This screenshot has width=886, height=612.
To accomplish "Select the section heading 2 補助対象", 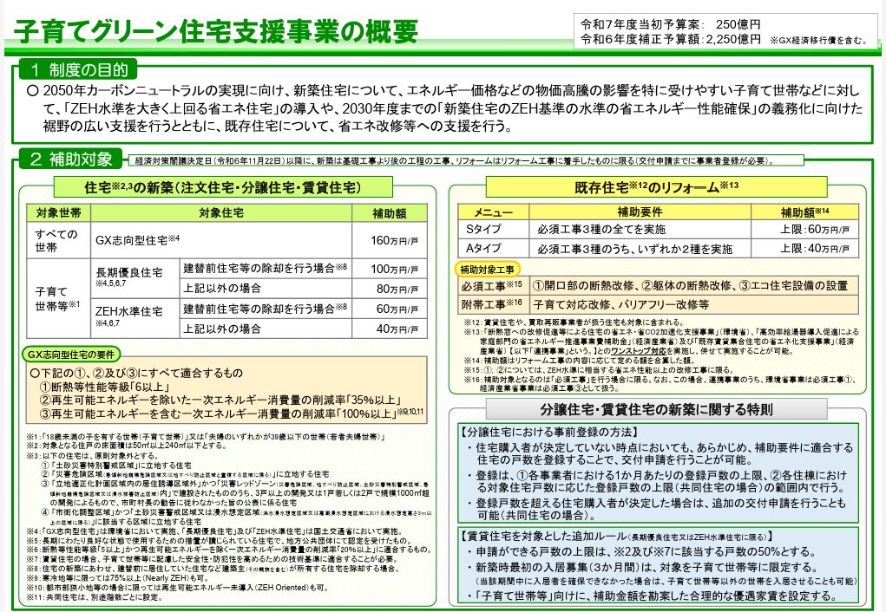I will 72,159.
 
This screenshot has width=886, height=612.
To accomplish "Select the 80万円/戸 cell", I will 395,289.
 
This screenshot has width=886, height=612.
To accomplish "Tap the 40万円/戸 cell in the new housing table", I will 395,329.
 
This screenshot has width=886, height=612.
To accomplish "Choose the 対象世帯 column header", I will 58,212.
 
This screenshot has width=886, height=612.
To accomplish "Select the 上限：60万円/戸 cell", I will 815,230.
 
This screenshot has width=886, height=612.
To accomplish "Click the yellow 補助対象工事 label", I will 487,268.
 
